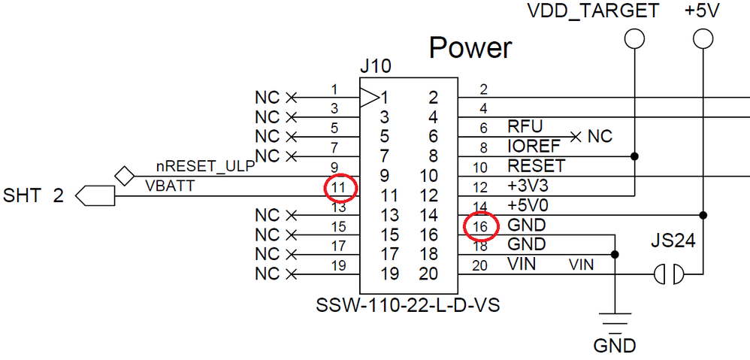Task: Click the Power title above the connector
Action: [470, 48]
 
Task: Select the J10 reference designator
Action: [375, 67]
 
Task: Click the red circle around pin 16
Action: [480, 225]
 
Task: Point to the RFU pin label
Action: [525, 127]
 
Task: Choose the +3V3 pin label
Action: [529, 186]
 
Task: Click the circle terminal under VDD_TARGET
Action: [635, 38]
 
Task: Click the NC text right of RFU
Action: [600, 137]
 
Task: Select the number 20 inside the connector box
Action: [428, 274]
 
